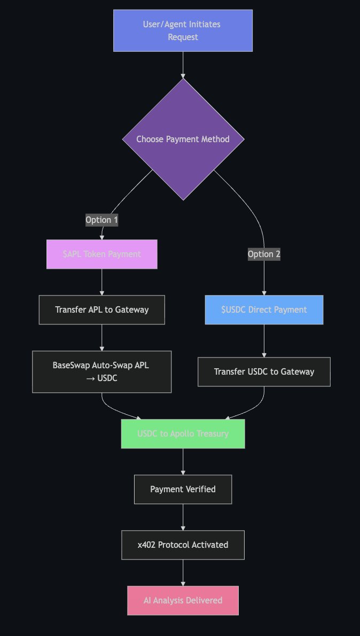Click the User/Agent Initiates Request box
(x=183, y=30)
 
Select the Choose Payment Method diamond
(x=183, y=139)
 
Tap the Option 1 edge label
(x=101, y=220)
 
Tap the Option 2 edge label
(x=264, y=254)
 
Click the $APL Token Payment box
(x=101, y=254)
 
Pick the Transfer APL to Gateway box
(x=101, y=309)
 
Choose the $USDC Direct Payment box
(x=264, y=309)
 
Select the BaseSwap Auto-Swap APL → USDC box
(x=101, y=371)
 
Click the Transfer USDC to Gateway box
(x=264, y=371)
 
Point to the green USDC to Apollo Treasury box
(x=183, y=433)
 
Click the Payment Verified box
(x=183, y=489)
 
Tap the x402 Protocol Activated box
(x=183, y=545)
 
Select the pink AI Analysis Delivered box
(x=183, y=600)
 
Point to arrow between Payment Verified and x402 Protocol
(x=183, y=517)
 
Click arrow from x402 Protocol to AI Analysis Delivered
(x=183, y=572)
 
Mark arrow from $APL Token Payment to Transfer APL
(x=101, y=282)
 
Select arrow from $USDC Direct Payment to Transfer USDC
(x=264, y=340)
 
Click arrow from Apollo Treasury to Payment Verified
(x=183, y=461)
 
